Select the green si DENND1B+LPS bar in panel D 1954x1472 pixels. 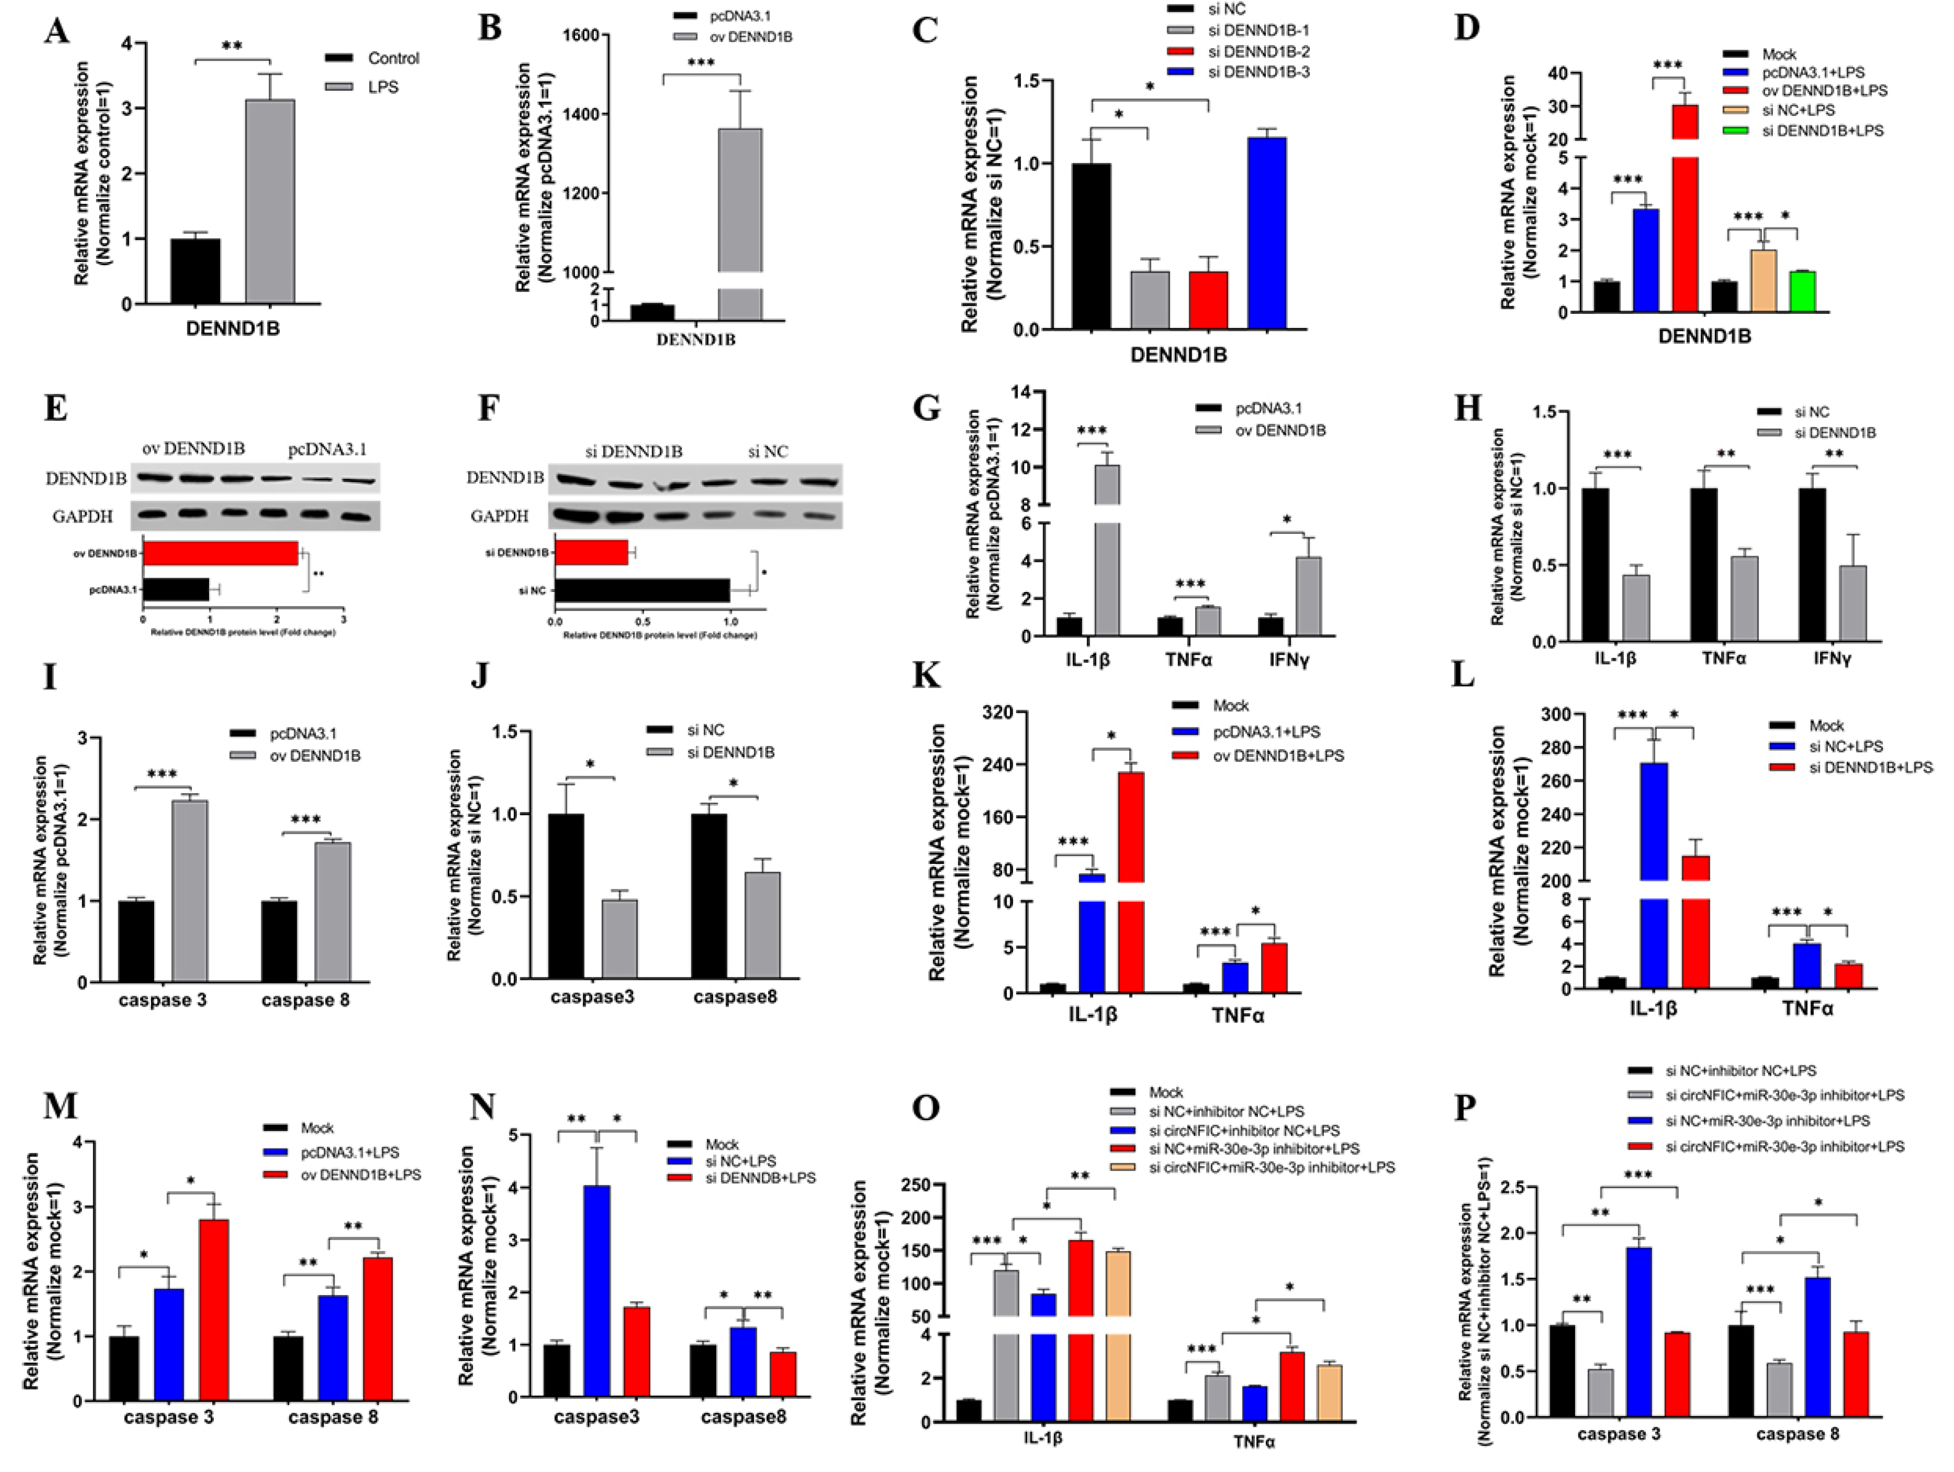coord(1802,292)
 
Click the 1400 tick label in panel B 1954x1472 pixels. coord(580,114)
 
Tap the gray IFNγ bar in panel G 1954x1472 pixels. coord(1308,596)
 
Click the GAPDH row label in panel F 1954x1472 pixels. coord(499,516)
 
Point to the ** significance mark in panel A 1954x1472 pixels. coord(231,46)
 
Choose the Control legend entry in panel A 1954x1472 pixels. coord(392,58)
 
